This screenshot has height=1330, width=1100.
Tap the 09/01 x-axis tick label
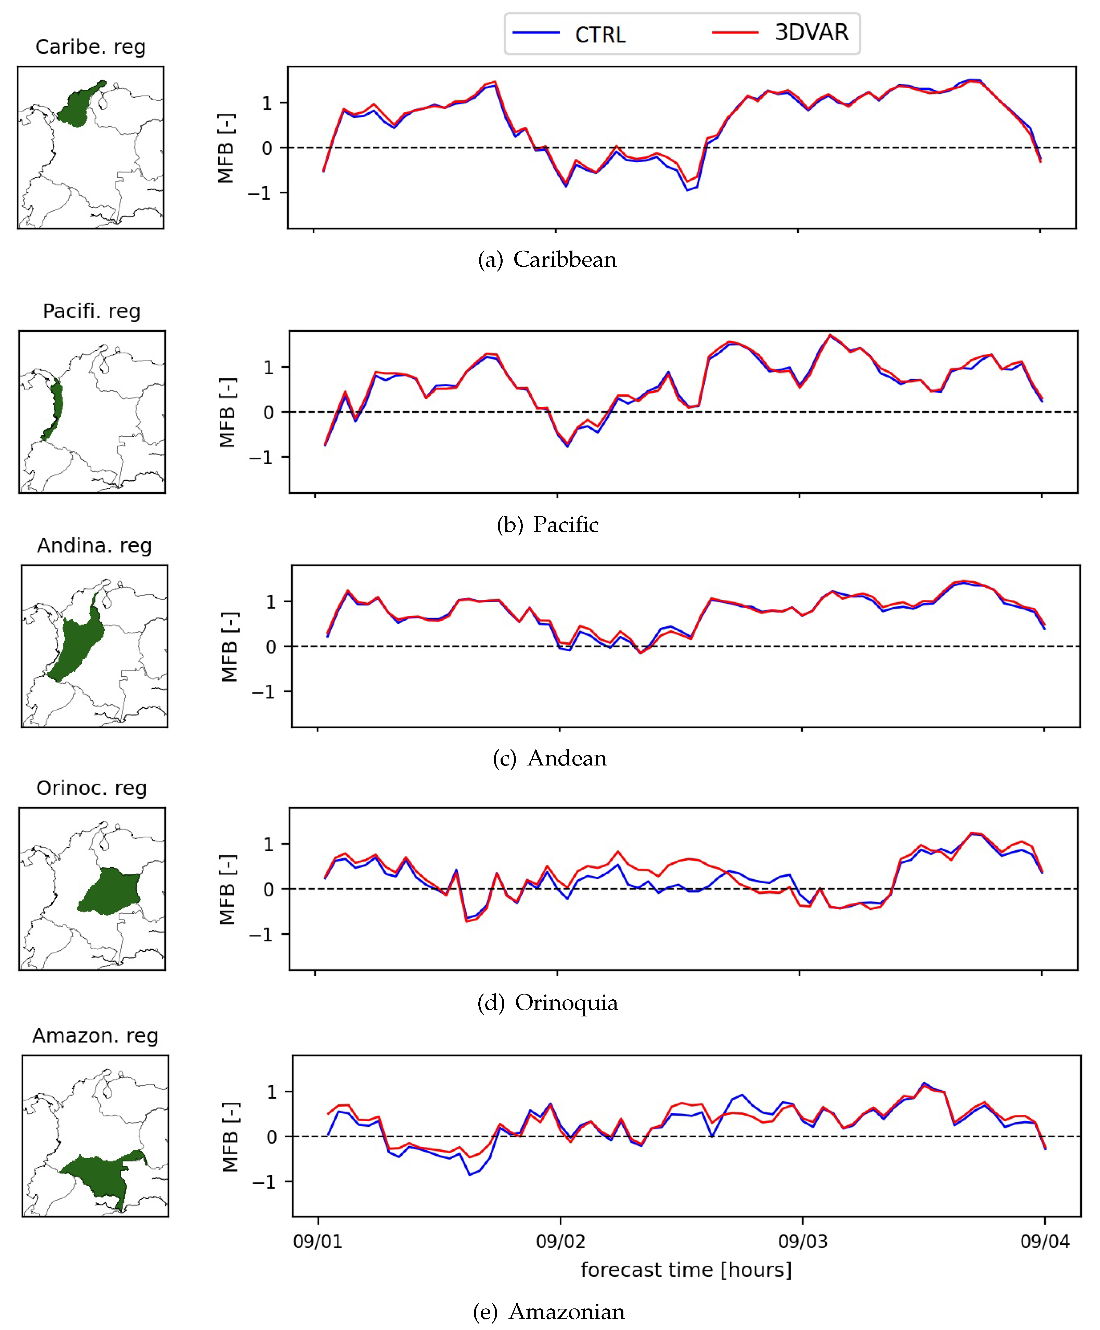pos(318,1241)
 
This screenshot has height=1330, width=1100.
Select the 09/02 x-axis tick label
pos(560,1241)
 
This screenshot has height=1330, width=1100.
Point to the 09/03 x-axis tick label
pos(803,1241)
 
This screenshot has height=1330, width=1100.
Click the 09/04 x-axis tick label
pos(1044,1241)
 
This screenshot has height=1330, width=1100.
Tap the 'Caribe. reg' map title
pos(91,47)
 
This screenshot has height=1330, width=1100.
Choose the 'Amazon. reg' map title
pos(95,1036)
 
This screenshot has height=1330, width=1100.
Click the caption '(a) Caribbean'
pos(547,259)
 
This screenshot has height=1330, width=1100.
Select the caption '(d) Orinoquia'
pos(547,1003)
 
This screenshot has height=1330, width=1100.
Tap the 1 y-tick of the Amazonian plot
pos(272,1092)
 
